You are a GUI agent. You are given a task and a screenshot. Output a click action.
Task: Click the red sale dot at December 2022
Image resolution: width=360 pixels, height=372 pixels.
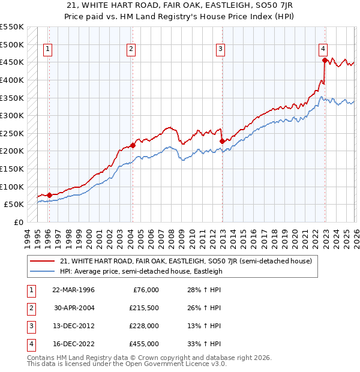[325, 60]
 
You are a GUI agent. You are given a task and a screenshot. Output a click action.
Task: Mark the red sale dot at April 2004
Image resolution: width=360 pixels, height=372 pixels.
[133, 145]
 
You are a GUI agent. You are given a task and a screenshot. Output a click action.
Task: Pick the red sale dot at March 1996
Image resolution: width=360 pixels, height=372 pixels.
[49, 195]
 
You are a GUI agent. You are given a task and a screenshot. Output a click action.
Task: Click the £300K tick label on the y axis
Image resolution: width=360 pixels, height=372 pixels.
[12, 115]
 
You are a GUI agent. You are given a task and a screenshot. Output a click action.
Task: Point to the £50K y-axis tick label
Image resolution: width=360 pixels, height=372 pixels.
[14, 205]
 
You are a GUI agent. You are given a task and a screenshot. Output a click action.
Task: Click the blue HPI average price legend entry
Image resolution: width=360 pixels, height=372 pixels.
[141, 271]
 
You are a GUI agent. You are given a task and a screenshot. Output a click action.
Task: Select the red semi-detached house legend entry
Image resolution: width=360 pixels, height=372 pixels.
[185, 262]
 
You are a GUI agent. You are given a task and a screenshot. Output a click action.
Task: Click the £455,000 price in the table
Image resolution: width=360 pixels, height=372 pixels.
[144, 344]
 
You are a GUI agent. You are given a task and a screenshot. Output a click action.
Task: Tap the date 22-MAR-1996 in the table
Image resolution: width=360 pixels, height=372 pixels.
[73, 290]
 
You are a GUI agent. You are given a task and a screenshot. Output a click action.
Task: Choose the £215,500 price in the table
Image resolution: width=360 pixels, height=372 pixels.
[144, 308]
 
